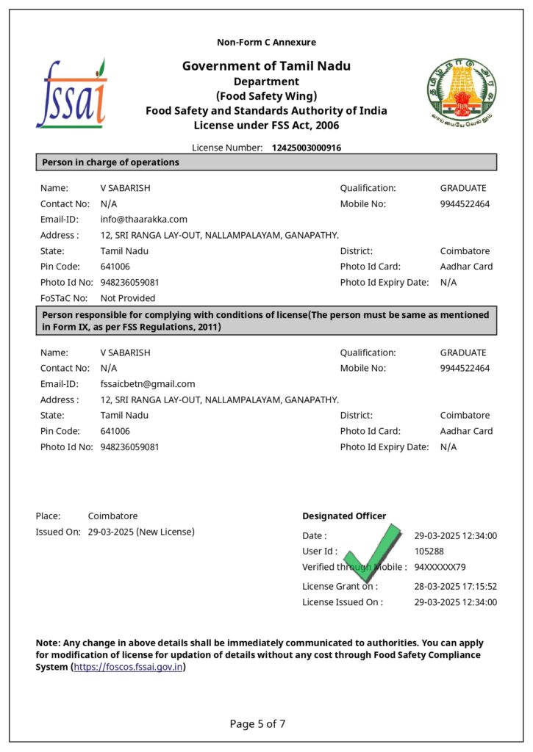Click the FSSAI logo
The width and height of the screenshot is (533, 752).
click(72, 94)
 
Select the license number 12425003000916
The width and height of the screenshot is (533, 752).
click(306, 148)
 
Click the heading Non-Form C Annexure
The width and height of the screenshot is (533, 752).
click(266, 42)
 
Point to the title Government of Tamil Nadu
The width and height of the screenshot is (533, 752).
click(266, 66)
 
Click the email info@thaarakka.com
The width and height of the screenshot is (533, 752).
click(143, 219)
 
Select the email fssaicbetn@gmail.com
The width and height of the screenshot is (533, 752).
click(148, 383)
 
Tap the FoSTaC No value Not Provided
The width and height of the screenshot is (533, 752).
click(128, 298)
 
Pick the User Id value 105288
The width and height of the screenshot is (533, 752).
click(429, 551)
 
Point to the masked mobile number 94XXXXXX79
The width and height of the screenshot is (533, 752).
click(440, 567)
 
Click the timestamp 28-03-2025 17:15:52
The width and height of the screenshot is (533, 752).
click(455, 586)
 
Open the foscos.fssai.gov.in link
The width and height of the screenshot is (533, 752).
click(128, 667)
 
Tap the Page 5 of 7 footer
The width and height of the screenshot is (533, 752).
click(257, 724)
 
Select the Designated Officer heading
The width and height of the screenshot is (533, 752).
click(344, 516)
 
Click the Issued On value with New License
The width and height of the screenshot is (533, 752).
click(141, 532)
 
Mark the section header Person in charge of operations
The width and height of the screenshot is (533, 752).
click(110, 162)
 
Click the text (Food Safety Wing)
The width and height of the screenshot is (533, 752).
click(266, 96)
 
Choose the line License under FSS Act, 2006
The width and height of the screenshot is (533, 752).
click(266, 126)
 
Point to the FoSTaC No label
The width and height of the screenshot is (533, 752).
click(64, 298)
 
